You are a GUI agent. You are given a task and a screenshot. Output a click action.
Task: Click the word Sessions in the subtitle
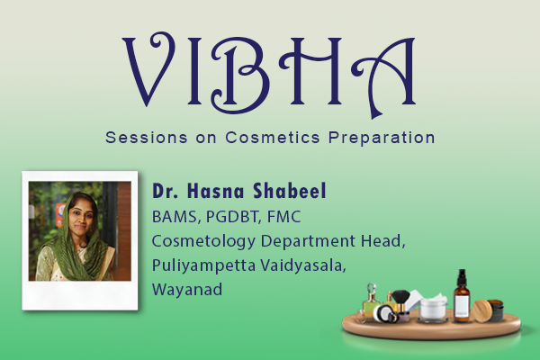139,139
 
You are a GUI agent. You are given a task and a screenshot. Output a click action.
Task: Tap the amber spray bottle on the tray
462,297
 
